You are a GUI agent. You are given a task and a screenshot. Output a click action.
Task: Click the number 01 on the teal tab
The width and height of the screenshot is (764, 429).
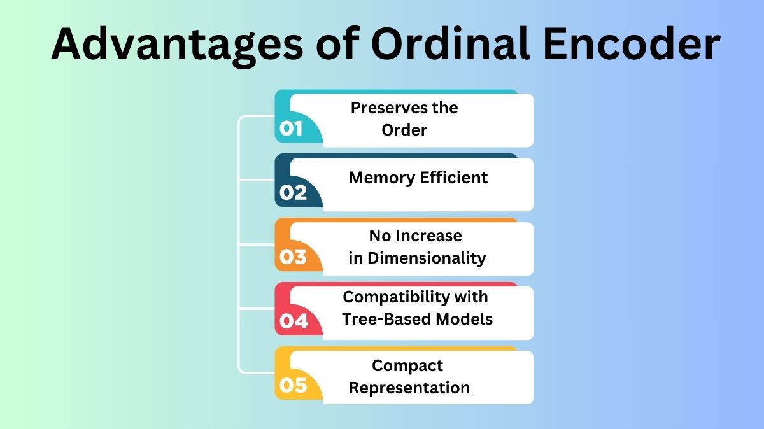291,129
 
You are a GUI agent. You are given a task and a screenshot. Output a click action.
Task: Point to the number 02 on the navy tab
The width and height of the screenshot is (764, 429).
293,193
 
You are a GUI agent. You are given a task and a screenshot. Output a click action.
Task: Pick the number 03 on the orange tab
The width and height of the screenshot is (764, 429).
293,257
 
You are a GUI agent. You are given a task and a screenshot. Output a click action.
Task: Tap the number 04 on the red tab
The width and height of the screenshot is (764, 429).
294,321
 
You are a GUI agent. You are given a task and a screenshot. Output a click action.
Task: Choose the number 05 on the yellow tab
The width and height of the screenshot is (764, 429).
293,386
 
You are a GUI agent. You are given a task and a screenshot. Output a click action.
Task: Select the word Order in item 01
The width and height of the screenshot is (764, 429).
404,130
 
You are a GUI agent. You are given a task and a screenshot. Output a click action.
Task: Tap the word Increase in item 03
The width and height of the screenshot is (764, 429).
428,236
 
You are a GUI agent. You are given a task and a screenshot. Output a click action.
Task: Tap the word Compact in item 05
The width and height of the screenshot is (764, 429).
407,366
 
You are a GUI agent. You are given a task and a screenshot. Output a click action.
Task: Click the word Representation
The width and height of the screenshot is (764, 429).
409,388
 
